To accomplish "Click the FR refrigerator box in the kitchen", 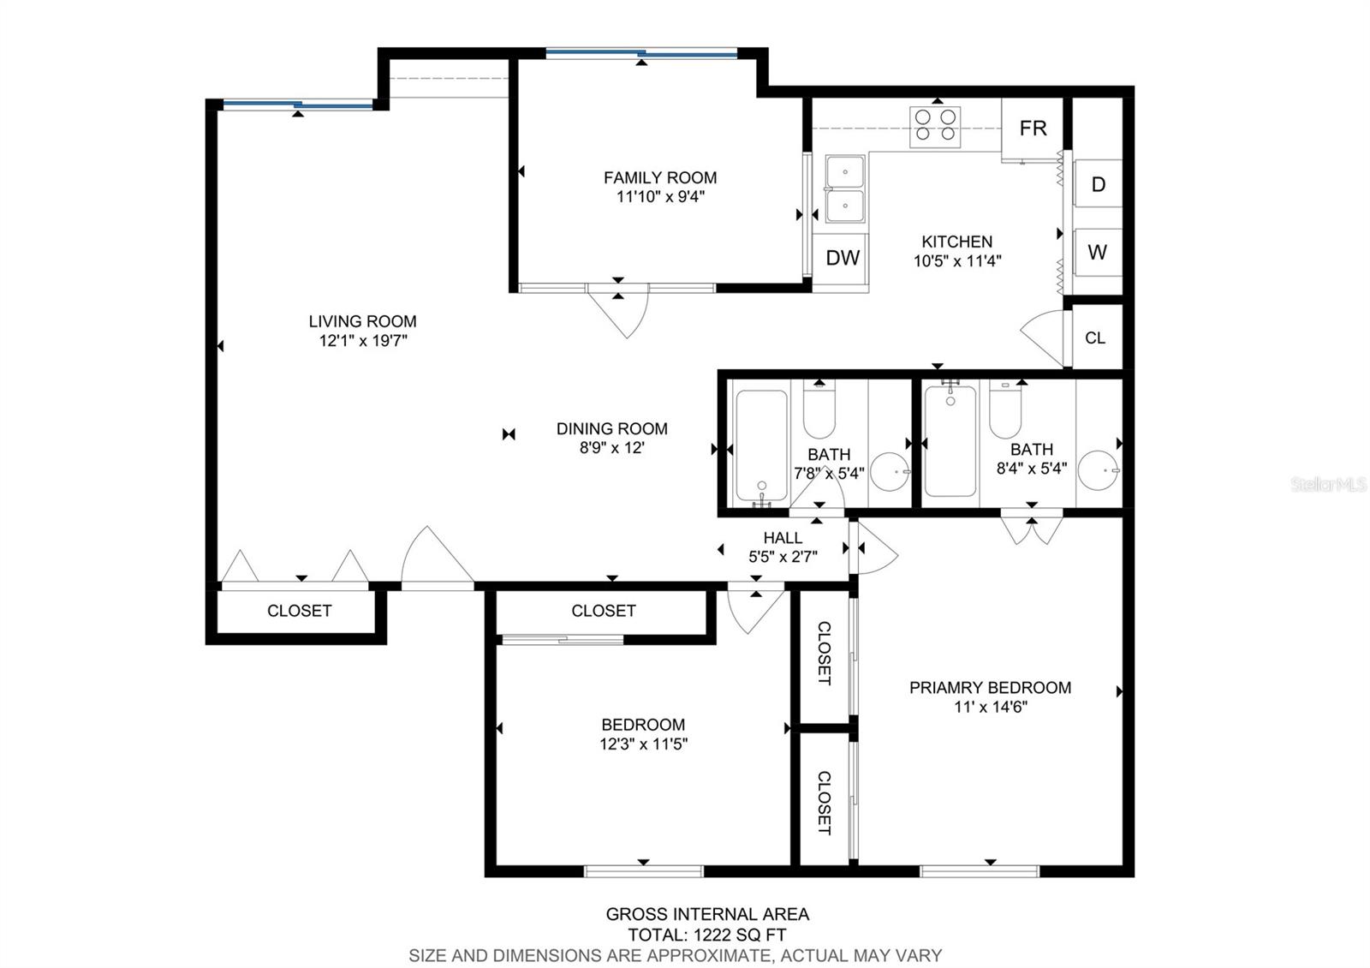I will [1033, 128].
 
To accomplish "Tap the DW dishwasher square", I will [843, 258].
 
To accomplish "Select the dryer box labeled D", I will [1098, 184].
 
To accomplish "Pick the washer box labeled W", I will [1098, 252].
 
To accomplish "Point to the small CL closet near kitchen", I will [1095, 338].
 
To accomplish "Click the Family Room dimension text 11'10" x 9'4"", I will [660, 197].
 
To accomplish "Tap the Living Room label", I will [362, 321].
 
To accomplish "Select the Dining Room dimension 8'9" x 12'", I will [611, 447].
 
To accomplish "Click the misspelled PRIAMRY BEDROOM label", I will [990, 688].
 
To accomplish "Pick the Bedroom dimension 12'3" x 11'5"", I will [643, 744].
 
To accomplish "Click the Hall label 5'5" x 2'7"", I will [783, 547].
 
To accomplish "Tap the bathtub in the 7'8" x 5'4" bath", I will [761, 445].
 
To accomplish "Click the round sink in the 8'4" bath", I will [1098, 470].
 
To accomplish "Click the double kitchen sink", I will [844, 188].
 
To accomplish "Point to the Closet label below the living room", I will [299, 611].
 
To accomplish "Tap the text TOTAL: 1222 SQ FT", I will [707, 935].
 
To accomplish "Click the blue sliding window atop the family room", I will [641, 54].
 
